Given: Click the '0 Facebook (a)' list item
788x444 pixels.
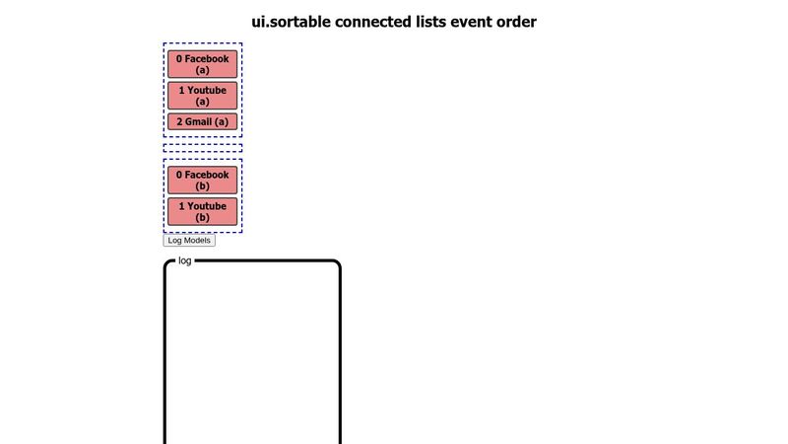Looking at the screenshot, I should click(x=202, y=64).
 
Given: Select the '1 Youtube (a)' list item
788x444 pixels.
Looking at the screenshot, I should click(x=202, y=96).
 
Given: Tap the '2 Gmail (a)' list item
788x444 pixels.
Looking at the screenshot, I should click(x=202, y=122).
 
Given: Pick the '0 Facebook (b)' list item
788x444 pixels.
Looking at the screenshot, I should click(x=202, y=181).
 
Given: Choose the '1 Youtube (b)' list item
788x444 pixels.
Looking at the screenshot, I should click(x=202, y=212).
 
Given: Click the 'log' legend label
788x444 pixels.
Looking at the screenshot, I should click(x=185, y=261).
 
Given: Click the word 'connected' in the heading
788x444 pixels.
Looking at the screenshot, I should click(x=379, y=22).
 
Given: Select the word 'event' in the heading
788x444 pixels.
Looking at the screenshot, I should click(x=475, y=22).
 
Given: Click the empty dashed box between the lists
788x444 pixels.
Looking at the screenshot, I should click(x=202, y=148).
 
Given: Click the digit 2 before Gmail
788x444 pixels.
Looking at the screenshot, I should click(x=180, y=122).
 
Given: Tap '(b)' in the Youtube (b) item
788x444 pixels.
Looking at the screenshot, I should click(x=202, y=218).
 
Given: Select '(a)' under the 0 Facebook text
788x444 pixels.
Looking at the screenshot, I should click(x=202, y=70).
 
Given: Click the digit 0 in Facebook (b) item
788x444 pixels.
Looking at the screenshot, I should click(x=179, y=175).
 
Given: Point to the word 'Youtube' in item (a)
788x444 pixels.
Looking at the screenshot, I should click(x=207, y=91).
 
